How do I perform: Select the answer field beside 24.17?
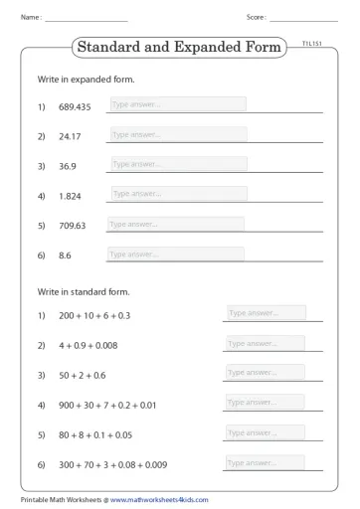(177, 134)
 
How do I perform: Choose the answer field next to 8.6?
(175, 254)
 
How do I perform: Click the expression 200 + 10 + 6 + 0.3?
(94, 316)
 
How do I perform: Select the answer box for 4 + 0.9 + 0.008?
(266, 344)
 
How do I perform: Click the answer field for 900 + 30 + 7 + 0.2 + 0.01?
(266, 403)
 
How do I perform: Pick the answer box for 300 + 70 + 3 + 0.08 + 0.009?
(266, 463)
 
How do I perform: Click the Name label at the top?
(31, 17)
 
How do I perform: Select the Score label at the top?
(256, 17)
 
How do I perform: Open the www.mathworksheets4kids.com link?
(159, 500)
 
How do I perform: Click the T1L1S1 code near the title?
(312, 45)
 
